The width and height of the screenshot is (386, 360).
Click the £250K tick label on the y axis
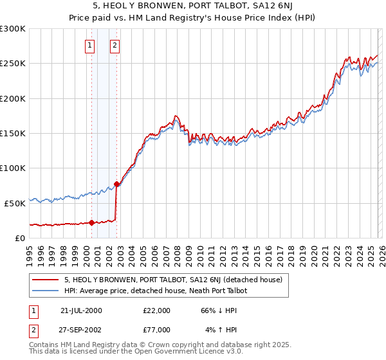coord(12,64)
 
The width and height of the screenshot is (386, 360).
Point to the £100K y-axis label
coord(12,168)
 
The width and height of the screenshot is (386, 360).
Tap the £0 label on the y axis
coord(20,238)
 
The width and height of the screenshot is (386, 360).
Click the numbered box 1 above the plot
coord(89,45)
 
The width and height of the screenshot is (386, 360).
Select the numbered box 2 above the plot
coord(115,45)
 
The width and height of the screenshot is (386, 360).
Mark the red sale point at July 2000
coord(92,223)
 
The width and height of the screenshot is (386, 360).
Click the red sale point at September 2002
coord(116,184)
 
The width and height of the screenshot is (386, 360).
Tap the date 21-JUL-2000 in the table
coord(80,310)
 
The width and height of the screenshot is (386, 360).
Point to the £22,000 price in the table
coord(156,310)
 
